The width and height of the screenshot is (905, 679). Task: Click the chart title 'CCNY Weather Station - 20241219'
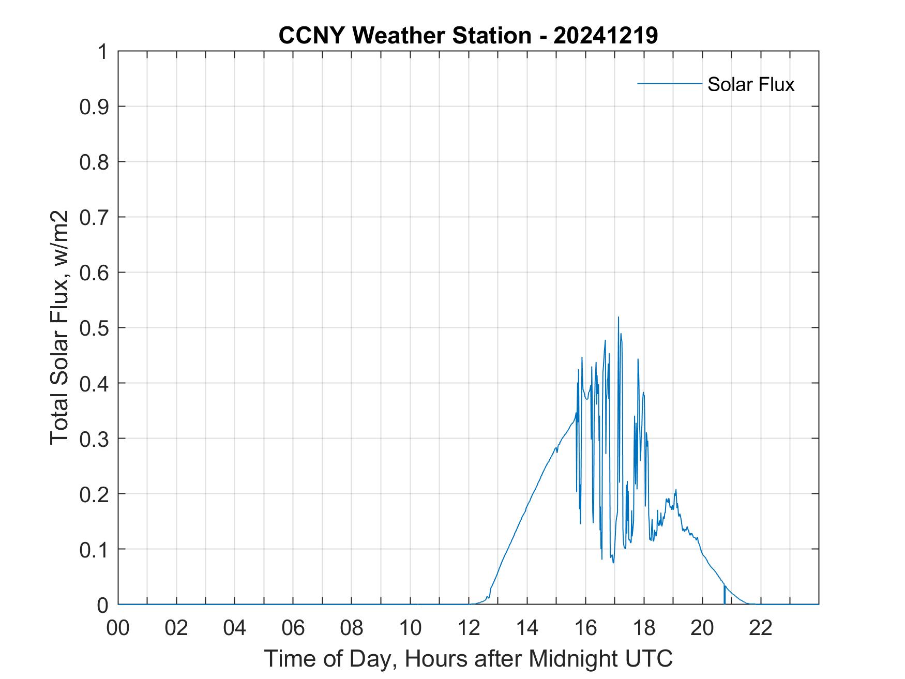point(468,36)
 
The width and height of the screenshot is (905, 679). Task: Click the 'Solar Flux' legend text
point(750,84)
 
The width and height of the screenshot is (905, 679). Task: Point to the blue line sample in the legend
point(669,83)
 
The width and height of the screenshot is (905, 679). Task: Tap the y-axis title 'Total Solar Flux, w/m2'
point(60,327)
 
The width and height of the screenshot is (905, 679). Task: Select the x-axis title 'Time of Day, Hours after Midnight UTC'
point(468,658)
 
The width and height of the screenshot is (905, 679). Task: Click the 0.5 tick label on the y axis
point(95,328)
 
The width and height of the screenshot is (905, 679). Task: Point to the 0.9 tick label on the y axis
point(95,107)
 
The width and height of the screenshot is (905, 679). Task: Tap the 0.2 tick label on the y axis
point(95,494)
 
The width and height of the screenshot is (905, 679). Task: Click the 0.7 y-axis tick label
point(95,217)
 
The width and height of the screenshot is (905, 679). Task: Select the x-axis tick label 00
point(118,628)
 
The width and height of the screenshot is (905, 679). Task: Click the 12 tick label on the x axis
point(469,628)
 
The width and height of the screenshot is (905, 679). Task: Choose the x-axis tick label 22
point(761,628)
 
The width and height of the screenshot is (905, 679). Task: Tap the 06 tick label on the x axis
point(293,628)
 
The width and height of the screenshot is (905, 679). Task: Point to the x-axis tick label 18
point(644,628)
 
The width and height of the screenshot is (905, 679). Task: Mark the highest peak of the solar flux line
point(618,318)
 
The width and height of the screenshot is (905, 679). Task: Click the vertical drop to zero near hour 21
point(725,595)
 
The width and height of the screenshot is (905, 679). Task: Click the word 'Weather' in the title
point(399,36)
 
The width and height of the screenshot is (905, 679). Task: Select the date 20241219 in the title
point(606,36)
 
